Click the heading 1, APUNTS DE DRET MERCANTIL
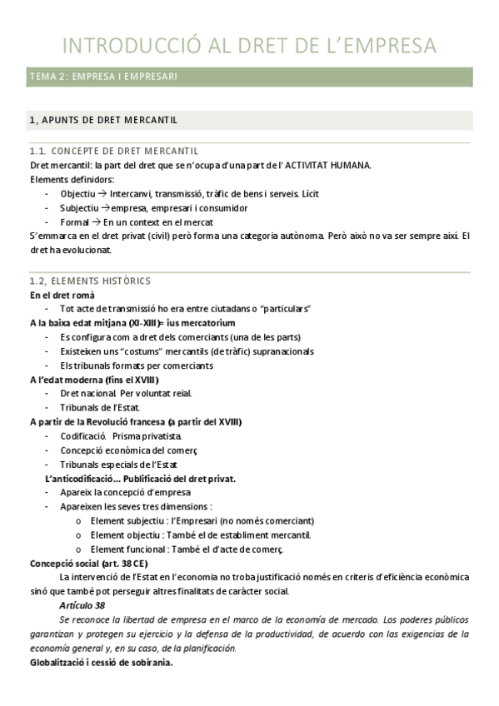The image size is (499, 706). (102, 120)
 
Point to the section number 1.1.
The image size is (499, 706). (37, 152)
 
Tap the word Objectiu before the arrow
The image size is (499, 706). (77, 193)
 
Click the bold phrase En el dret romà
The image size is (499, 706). (62, 295)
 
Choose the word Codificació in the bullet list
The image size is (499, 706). (82, 435)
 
